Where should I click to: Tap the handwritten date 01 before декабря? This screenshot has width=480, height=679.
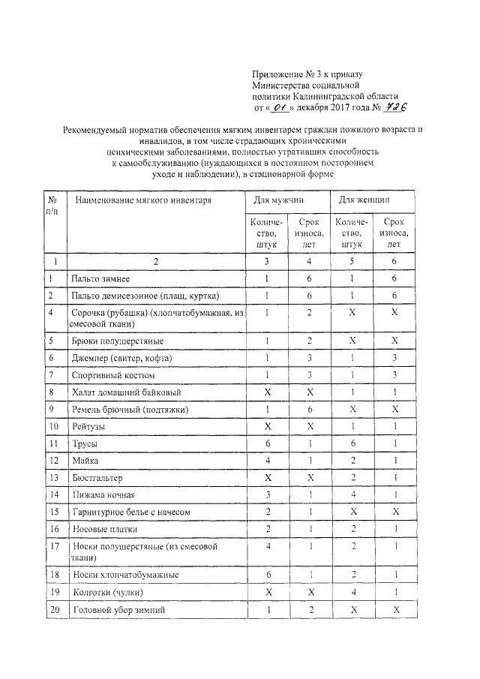point(281,107)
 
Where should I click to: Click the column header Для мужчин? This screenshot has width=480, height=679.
point(274,200)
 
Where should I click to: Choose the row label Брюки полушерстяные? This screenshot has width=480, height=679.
point(112,341)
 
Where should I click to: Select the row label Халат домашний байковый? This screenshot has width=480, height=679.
point(126,392)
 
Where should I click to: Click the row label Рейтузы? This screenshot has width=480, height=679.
point(88,426)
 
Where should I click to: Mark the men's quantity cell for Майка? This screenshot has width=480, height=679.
point(267,461)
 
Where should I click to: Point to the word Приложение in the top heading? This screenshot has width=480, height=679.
point(277,74)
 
